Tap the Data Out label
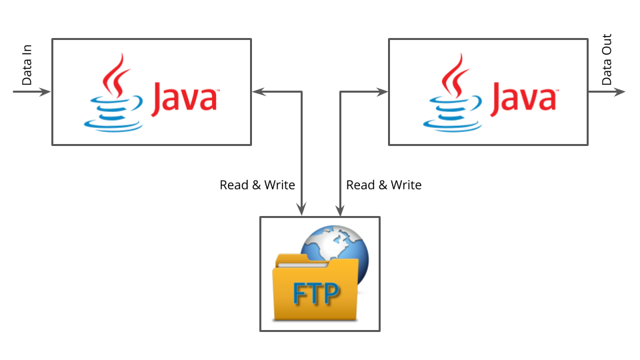pyautogui.click(x=607, y=60)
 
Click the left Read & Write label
pyautogui.click(x=257, y=185)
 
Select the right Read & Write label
pyautogui.click(x=384, y=185)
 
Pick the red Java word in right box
pyautogui.click(x=524, y=97)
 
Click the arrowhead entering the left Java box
pyautogui.click(x=45, y=92)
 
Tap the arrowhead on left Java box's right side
pyautogui.click(x=257, y=92)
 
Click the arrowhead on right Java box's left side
pyautogui.click(x=383, y=92)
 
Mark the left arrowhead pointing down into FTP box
pyautogui.click(x=303, y=211)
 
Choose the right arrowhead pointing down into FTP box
pyautogui.click(x=341, y=211)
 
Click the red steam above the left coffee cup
pyautogui.click(x=117, y=75)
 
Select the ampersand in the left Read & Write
pyautogui.click(x=256, y=185)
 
